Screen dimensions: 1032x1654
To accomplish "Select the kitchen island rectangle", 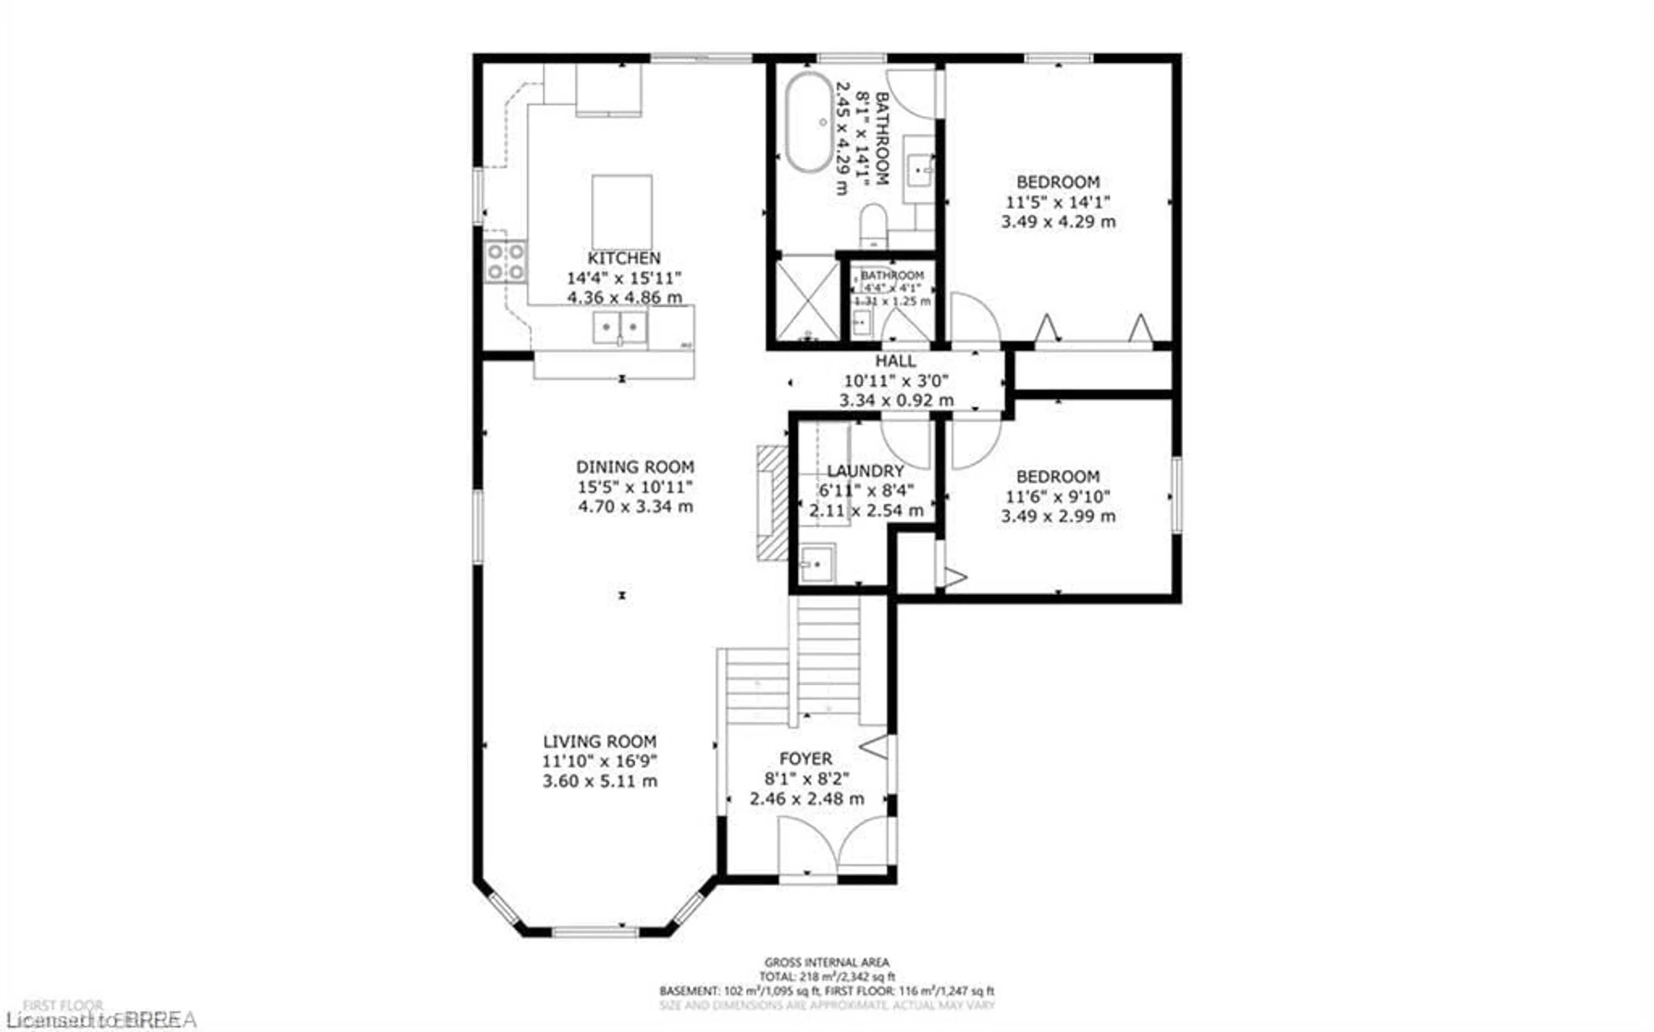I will [622, 211].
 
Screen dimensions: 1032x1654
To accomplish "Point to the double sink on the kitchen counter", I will [619, 328].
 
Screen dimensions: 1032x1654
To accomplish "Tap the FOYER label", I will [806, 759].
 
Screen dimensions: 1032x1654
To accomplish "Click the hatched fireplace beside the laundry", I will [772, 503].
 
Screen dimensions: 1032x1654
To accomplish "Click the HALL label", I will [896, 361].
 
